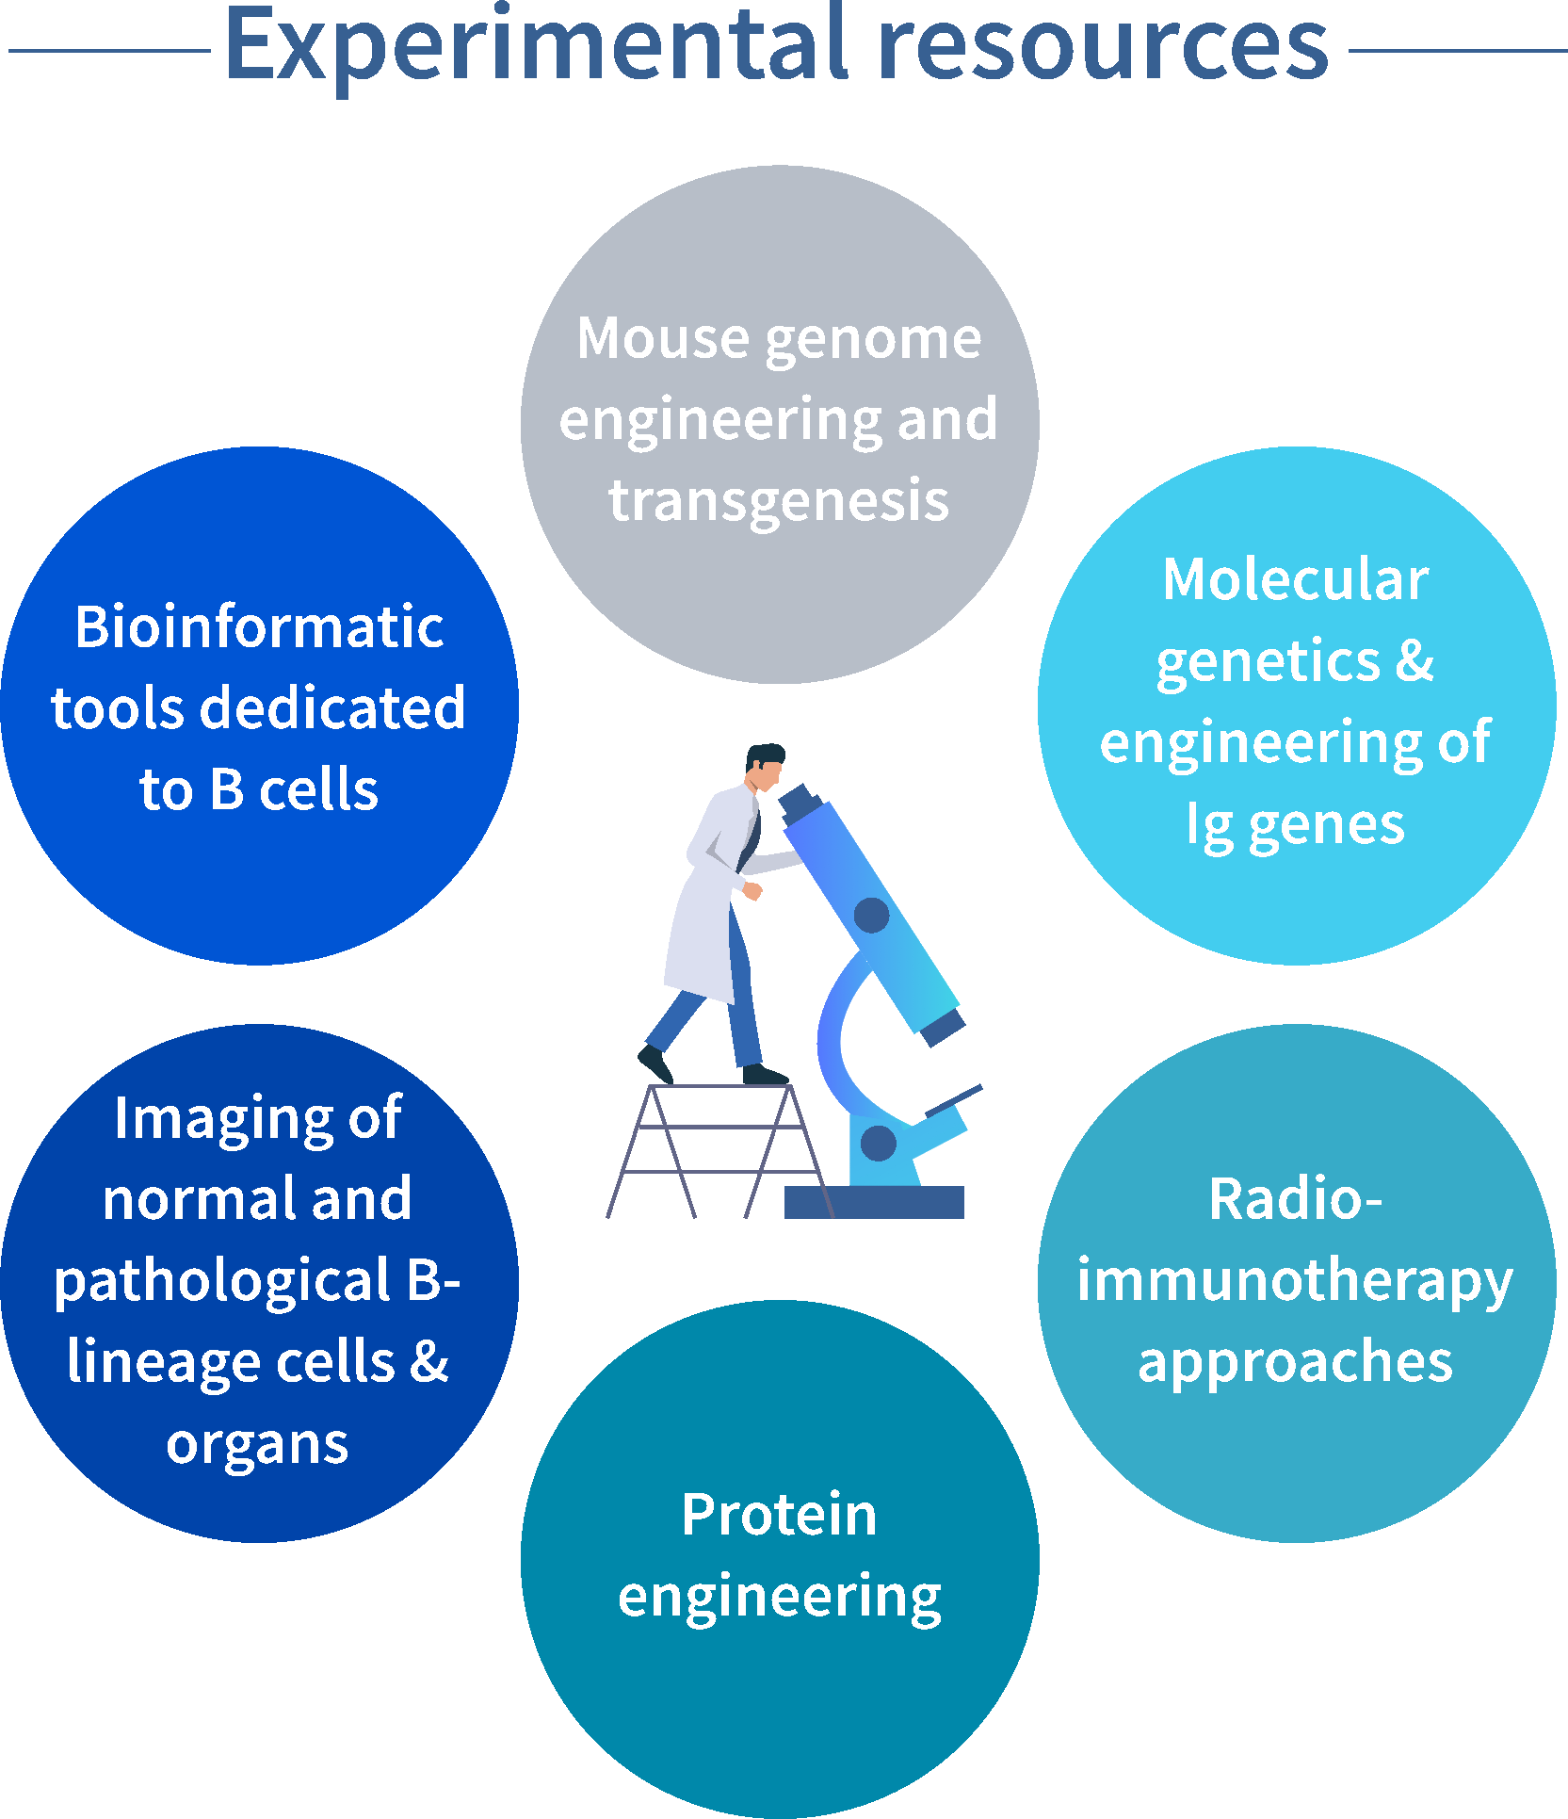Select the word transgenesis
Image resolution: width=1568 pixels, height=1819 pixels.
click(779, 500)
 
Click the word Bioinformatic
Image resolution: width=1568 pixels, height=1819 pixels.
click(259, 626)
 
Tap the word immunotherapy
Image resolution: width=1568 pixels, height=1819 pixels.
click(1296, 1281)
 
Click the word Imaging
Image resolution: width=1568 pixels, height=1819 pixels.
click(222, 1119)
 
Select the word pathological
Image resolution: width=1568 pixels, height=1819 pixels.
click(222, 1282)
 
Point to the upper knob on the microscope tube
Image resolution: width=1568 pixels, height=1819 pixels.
click(871, 915)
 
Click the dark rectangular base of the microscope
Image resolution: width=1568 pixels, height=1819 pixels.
click(874, 1202)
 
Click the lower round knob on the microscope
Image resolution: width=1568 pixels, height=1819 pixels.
click(879, 1143)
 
